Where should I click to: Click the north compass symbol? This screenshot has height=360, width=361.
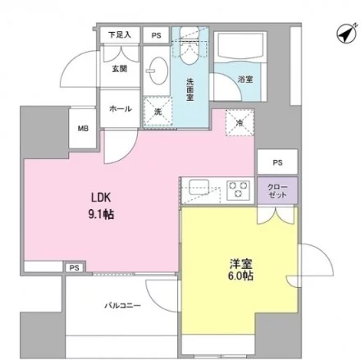(346, 34)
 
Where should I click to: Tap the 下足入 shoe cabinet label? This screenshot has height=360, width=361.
(120, 35)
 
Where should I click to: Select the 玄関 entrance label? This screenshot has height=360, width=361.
(120, 69)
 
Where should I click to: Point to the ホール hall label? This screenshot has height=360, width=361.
(121, 109)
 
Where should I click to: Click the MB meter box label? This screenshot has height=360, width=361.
(83, 128)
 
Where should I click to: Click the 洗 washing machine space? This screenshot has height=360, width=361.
(158, 112)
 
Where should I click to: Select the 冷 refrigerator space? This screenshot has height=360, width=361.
(240, 123)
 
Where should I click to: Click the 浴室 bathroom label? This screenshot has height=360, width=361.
(245, 80)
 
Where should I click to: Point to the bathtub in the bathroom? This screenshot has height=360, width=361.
(240, 46)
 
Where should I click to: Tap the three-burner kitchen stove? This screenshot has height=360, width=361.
(238, 189)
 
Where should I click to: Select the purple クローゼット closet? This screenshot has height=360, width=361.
(277, 191)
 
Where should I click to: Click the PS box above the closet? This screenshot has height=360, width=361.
(277, 162)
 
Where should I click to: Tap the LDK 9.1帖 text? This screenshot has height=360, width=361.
(101, 206)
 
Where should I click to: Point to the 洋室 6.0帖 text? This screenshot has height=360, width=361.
(240, 270)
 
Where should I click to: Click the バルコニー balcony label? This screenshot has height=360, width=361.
(122, 305)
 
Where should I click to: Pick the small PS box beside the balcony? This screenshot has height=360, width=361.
(74, 267)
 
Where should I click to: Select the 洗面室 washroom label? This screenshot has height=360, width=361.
(190, 89)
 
